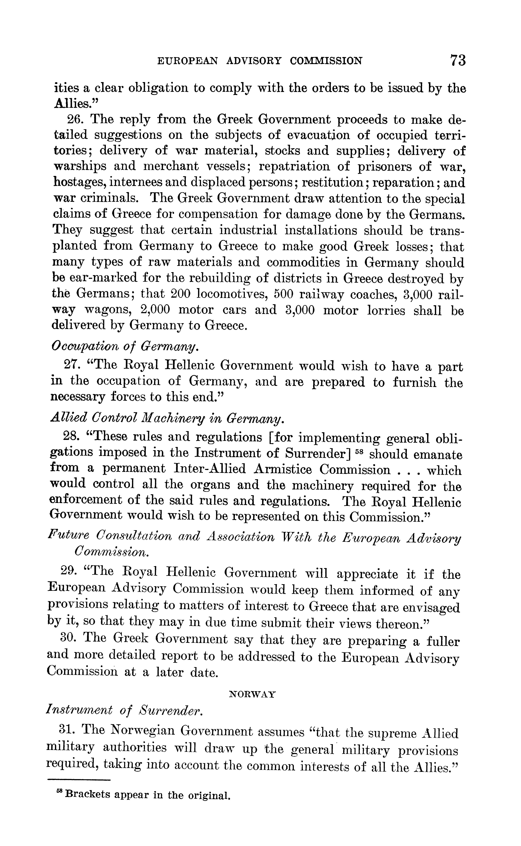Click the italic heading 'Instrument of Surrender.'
tap(124, 710)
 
